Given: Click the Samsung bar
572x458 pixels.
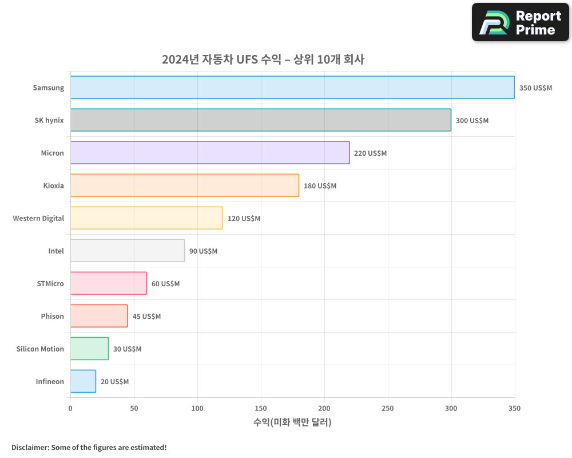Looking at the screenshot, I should click(292, 88).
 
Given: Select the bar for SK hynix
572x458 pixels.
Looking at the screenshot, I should click(261, 120).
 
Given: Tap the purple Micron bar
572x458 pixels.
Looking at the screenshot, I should click(210, 153).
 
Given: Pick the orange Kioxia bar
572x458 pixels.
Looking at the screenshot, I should click(185, 185).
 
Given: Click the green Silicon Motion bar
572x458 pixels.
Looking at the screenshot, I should click(90, 349).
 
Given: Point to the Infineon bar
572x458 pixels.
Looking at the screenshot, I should click(84, 381).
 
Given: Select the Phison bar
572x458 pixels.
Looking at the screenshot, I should click(99, 316).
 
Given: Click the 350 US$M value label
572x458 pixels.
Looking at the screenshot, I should click(535, 88).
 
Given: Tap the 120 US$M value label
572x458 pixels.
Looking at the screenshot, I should click(244, 219).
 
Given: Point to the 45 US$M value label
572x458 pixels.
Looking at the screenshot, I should click(146, 317).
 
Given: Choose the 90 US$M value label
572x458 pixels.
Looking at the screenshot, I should click(203, 251).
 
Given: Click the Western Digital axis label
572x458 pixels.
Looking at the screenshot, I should click(38, 218).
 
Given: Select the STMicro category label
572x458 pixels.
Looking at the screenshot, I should click(50, 283).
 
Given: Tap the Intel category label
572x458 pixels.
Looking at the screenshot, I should click(56, 251).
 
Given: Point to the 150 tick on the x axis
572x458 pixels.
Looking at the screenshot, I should click(261, 408).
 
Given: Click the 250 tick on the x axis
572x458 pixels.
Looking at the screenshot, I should click(388, 408).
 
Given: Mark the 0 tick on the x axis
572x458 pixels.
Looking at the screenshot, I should click(70, 408).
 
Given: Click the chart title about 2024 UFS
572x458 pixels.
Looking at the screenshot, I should click(263, 59).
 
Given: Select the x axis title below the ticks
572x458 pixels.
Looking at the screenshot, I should click(292, 423).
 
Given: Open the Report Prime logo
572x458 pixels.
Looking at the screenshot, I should click(520, 22).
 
